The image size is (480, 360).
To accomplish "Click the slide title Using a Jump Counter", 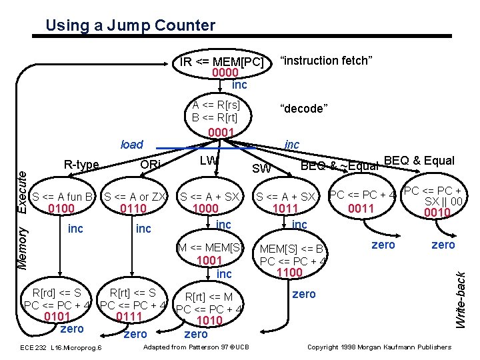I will [x=130, y=26].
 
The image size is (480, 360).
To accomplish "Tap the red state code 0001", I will [x=221, y=132].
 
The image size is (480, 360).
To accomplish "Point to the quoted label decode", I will [x=303, y=109].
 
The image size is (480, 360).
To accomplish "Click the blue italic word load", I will [x=131, y=144].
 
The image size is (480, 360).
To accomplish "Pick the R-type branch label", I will [x=81, y=165].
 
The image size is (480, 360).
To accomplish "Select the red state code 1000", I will [x=206, y=209].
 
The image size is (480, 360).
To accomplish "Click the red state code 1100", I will [x=290, y=272].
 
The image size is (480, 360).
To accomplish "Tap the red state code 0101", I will [x=57, y=316].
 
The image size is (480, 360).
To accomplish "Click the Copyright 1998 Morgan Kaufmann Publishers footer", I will [x=378, y=347].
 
